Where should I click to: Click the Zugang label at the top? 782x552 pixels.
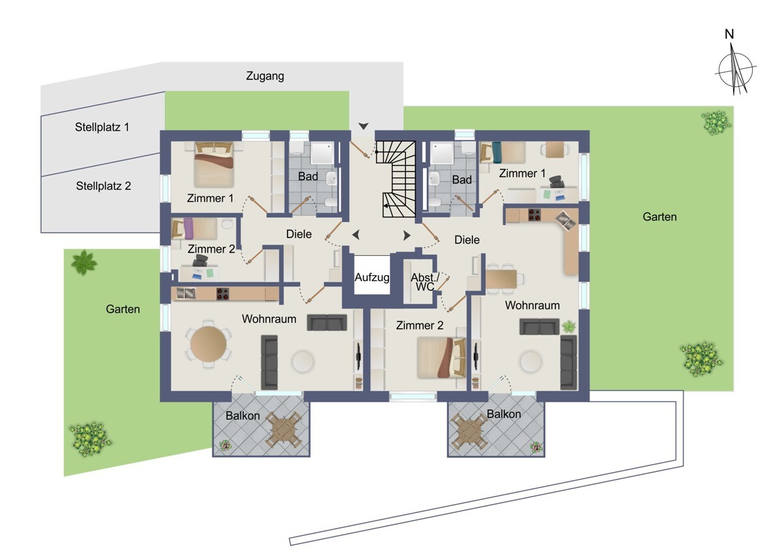point(265,76)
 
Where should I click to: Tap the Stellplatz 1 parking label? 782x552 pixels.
point(102,127)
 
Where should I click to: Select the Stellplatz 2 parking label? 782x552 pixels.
point(104,186)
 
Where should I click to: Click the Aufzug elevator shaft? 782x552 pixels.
point(372,275)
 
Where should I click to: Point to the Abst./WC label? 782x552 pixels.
point(425,282)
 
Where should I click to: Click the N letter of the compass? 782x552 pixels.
point(729,34)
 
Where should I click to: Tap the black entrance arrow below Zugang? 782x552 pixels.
point(364,126)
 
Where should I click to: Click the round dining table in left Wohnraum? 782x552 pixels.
point(208,344)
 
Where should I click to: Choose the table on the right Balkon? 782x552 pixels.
point(469,432)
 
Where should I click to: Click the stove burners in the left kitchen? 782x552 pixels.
point(222,294)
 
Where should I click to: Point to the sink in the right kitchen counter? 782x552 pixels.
point(565,221)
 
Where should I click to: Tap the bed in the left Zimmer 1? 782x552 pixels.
point(214,164)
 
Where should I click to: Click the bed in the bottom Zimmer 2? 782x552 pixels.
point(441,357)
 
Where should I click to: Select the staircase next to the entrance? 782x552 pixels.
point(396,179)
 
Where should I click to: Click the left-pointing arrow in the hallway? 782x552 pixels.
point(356,235)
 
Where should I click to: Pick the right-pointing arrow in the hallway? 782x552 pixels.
point(407,236)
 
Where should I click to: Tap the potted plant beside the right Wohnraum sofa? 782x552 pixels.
point(569,327)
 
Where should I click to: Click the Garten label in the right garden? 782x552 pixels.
point(659,217)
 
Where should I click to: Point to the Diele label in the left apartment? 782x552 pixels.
point(299,234)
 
